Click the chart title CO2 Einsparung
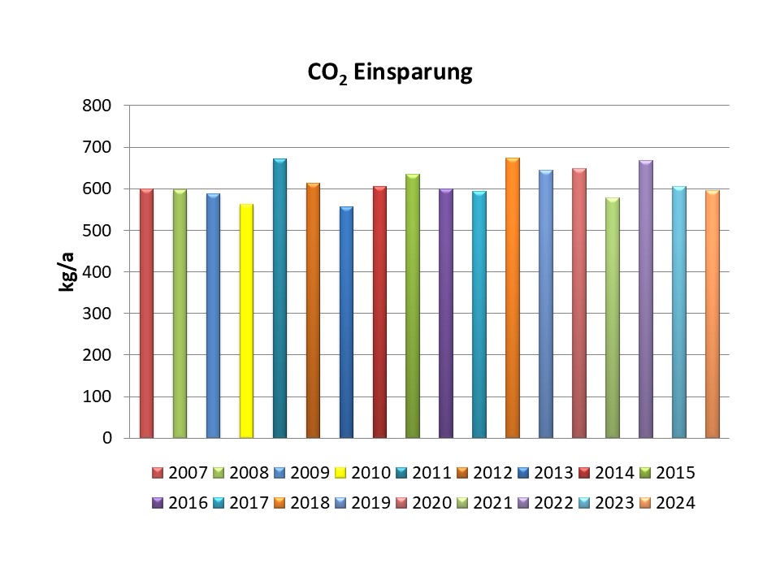click(x=389, y=73)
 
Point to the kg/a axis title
click(x=68, y=272)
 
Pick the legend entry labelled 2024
click(x=668, y=502)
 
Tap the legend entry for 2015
click(x=668, y=472)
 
